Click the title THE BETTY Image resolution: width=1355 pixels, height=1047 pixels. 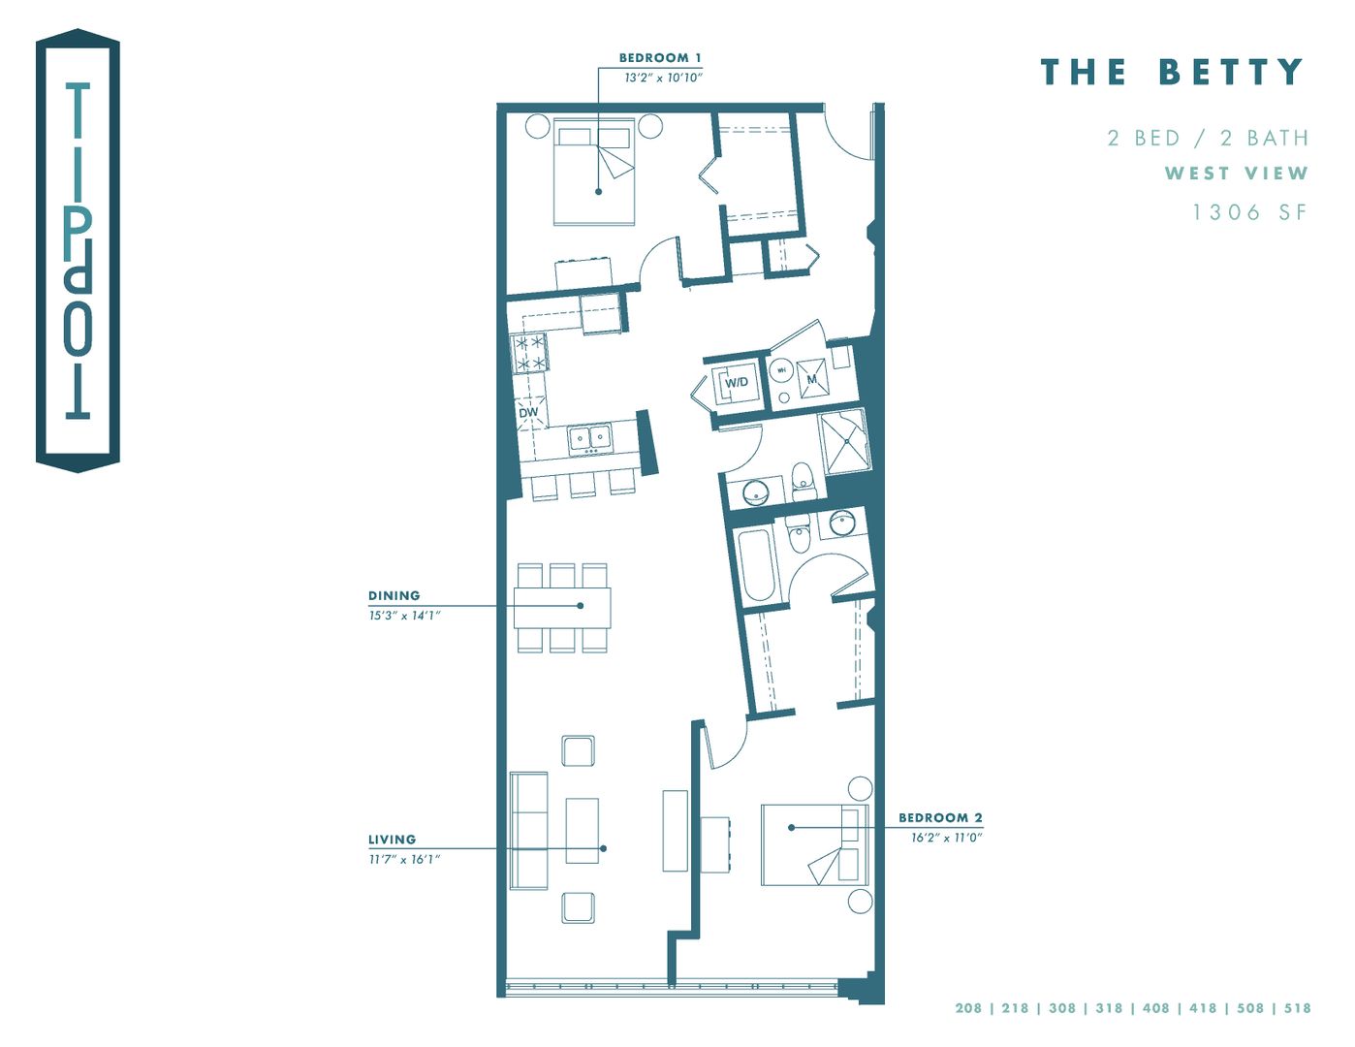(1172, 73)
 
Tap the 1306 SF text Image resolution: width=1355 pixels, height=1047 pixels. (1249, 212)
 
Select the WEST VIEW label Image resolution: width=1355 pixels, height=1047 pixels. (1236, 174)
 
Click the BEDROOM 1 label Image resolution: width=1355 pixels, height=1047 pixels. (659, 58)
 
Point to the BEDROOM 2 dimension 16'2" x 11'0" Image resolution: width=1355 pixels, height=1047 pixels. (946, 838)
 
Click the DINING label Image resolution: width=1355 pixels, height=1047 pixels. (394, 595)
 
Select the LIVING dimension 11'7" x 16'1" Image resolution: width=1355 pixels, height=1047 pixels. (404, 859)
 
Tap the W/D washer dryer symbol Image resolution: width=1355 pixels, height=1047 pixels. (736, 382)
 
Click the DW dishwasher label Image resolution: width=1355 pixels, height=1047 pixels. (528, 413)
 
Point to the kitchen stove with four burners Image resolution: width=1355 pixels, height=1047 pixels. (529, 354)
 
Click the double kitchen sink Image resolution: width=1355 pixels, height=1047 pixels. (589, 438)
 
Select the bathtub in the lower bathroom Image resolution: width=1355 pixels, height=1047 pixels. (757, 564)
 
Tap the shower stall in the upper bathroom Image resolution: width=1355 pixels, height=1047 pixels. (845, 441)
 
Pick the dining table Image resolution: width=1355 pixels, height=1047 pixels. (562, 607)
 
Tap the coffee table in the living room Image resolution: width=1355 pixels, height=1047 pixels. (582, 830)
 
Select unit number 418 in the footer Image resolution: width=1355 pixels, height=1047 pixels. (1203, 1008)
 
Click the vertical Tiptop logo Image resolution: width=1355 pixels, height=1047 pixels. (78, 252)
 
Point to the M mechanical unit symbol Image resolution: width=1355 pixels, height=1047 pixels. (812, 379)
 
